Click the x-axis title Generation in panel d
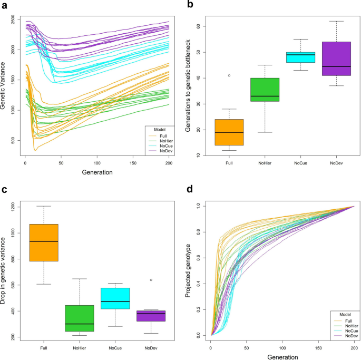click(282, 356)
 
